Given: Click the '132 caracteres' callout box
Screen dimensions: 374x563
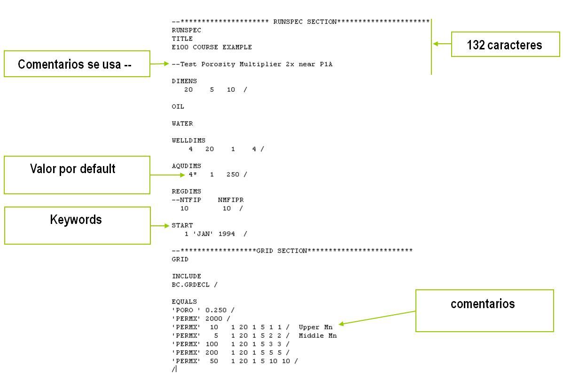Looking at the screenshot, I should point(505,44).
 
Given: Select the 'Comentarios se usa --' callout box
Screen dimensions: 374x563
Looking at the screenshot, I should point(77,64).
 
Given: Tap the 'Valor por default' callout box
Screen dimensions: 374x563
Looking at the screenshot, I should point(77,175).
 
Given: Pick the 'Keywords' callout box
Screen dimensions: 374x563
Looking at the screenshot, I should point(77,225).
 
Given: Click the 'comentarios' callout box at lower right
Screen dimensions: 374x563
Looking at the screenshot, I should point(484,310).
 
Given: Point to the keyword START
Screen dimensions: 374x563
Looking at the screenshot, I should point(182,225).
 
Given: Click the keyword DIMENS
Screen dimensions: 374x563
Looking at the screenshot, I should point(184,81).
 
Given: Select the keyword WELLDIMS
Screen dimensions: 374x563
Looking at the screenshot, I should point(188,140).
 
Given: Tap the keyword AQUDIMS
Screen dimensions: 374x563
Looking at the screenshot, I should point(186,166).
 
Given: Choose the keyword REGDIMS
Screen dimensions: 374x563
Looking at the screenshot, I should point(186,191).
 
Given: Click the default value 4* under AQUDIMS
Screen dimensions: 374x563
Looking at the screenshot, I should point(193,175).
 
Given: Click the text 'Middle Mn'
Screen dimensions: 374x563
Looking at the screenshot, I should point(318,335).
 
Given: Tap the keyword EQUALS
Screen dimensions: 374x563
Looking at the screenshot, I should point(184,302).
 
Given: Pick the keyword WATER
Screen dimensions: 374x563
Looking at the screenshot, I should point(182,123).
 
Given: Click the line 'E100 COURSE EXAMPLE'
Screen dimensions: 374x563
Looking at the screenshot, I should point(211,47).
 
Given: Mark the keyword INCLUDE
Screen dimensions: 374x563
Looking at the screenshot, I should point(186,276).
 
